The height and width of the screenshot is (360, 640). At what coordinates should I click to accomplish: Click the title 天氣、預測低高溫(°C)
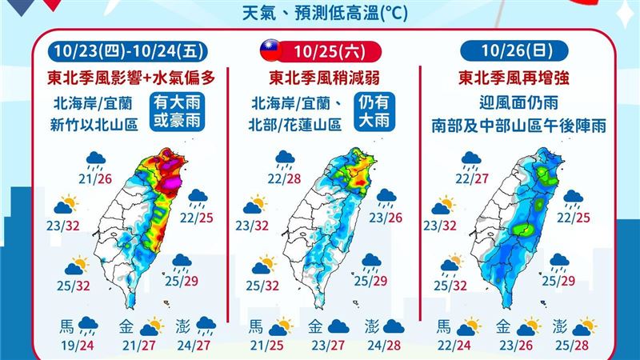(320, 13)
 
